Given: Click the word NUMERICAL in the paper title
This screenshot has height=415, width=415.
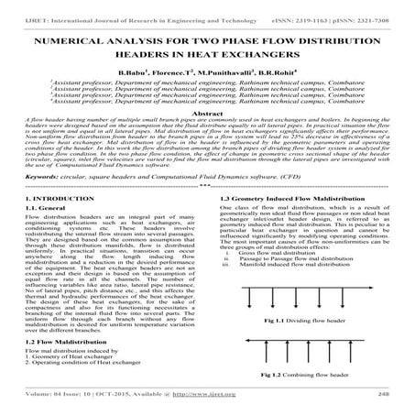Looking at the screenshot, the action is pos(71,43).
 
